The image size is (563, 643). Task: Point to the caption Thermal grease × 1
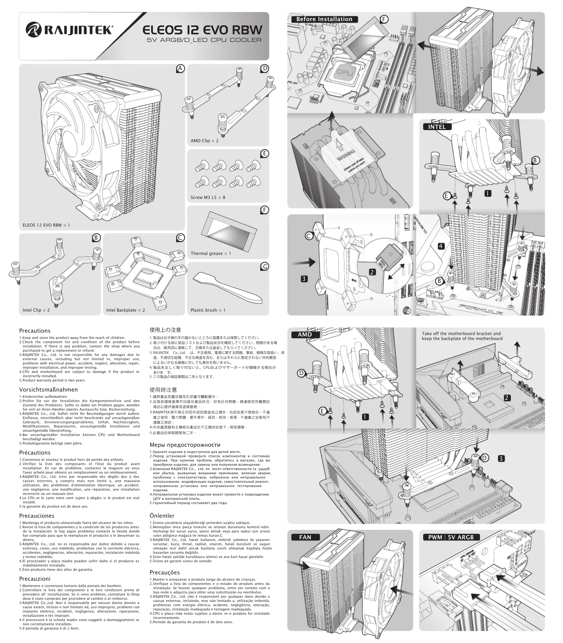[211, 254]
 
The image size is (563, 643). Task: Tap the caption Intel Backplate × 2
[125, 310]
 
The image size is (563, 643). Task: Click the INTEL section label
[437, 127]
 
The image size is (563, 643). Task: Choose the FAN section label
[305, 537]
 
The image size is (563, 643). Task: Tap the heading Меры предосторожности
[185, 445]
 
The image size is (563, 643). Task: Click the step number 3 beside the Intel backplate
[303, 279]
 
